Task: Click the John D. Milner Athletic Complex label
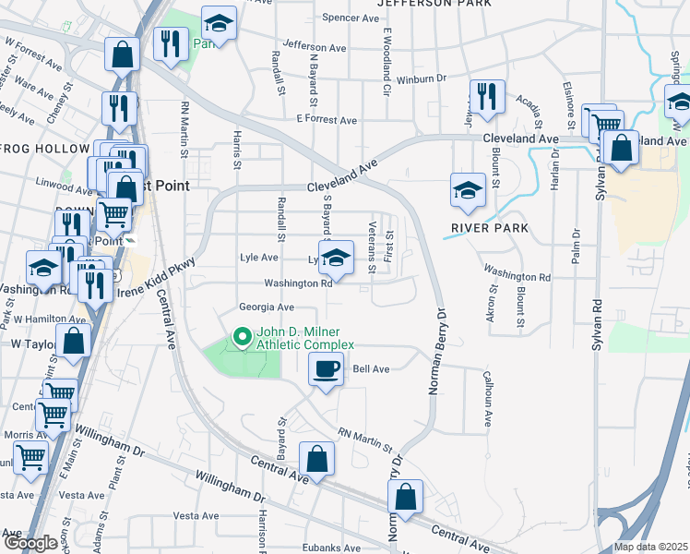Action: [304, 338]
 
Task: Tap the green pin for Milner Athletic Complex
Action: [243, 337]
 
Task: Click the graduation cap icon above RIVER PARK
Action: [468, 190]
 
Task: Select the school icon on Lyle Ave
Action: [336, 258]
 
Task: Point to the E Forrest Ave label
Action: [326, 120]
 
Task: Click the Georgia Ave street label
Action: [266, 307]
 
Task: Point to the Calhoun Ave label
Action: [488, 399]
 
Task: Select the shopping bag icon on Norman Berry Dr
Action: [405, 497]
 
